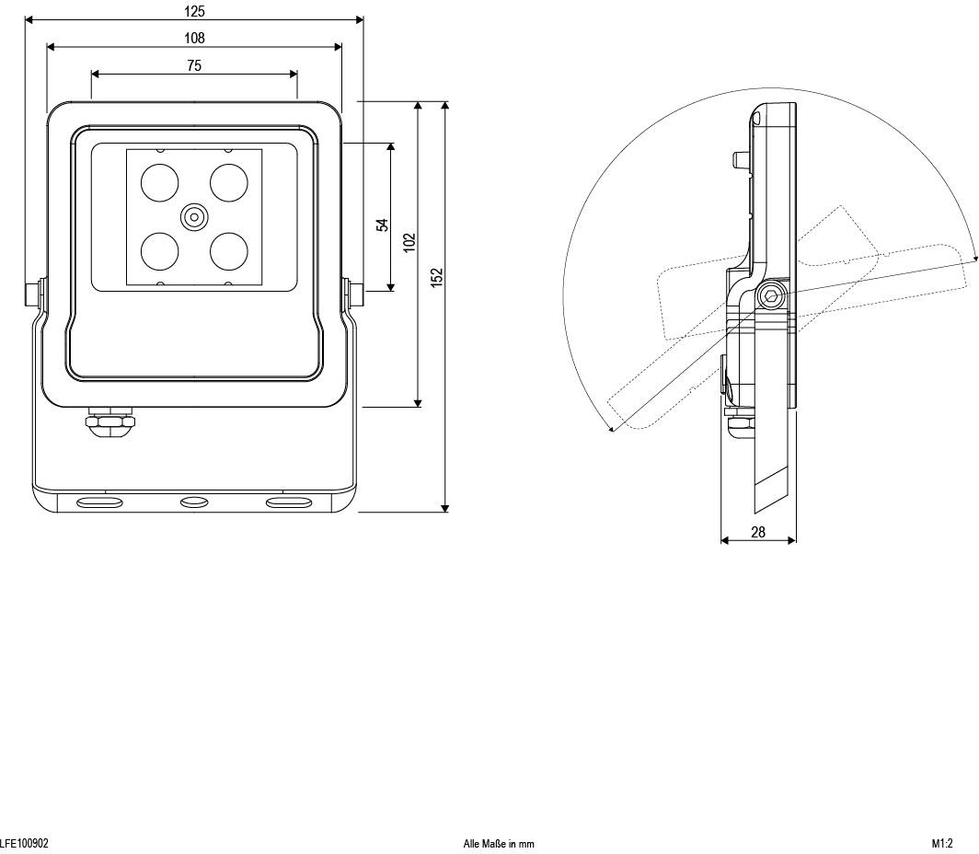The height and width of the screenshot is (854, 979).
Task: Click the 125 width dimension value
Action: [x=194, y=12]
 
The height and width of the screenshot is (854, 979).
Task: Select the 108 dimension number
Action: [x=194, y=38]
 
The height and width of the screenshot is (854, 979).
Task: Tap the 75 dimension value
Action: [x=194, y=65]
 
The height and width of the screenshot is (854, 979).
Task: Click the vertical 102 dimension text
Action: [x=410, y=242]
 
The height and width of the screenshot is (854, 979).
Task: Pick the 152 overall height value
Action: [x=437, y=276]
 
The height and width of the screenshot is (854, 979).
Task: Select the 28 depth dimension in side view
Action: [x=758, y=532]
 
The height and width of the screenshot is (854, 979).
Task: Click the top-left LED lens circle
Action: [x=159, y=182]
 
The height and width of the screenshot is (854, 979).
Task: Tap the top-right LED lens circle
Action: [x=229, y=182]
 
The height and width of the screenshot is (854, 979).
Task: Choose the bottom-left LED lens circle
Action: [x=159, y=250]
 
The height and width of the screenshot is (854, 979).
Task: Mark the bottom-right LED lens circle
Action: [x=229, y=250]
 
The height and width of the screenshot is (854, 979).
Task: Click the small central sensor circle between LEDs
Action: [x=194, y=217]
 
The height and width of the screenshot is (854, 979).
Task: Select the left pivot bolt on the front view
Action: [x=32, y=294]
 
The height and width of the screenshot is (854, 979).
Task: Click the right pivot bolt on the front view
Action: [x=355, y=294]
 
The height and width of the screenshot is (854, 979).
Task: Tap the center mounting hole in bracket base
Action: [x=194, y=502]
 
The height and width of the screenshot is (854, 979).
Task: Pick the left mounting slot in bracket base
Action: [x=99, y=502]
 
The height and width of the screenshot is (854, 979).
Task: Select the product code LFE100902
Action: [x=25, y=843]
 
